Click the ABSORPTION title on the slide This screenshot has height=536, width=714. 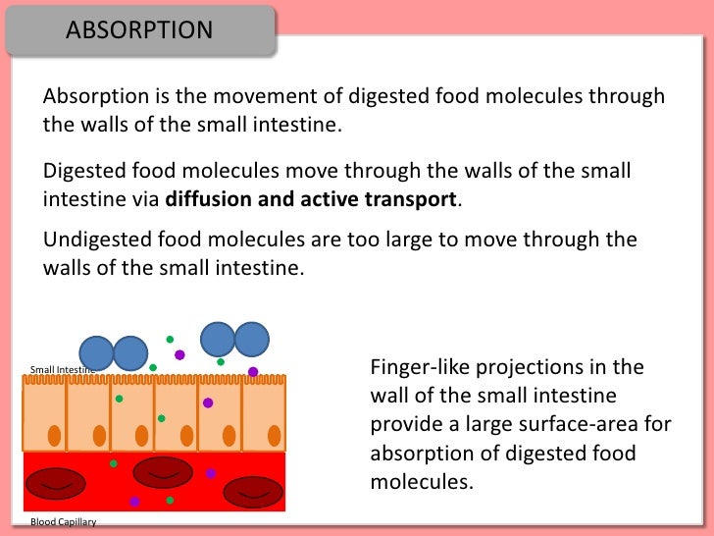pos(139,29)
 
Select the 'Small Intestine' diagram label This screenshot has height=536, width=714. pos(62,370)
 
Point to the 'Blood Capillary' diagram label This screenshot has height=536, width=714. pos(63,522)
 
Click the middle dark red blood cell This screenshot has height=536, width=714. pos(163,472)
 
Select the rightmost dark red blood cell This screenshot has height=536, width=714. pos(253,491)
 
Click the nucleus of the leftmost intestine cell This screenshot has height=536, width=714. pos(54,435)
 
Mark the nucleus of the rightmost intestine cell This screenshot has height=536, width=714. pos(275,435)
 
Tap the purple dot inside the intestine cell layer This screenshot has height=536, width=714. pos(208,402)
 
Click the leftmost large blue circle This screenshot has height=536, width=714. pos(96,353)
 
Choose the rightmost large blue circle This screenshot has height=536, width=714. pos(251,339)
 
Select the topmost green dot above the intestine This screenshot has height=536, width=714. pos(170,339)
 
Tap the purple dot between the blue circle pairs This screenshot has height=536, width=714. pos(179,354)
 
